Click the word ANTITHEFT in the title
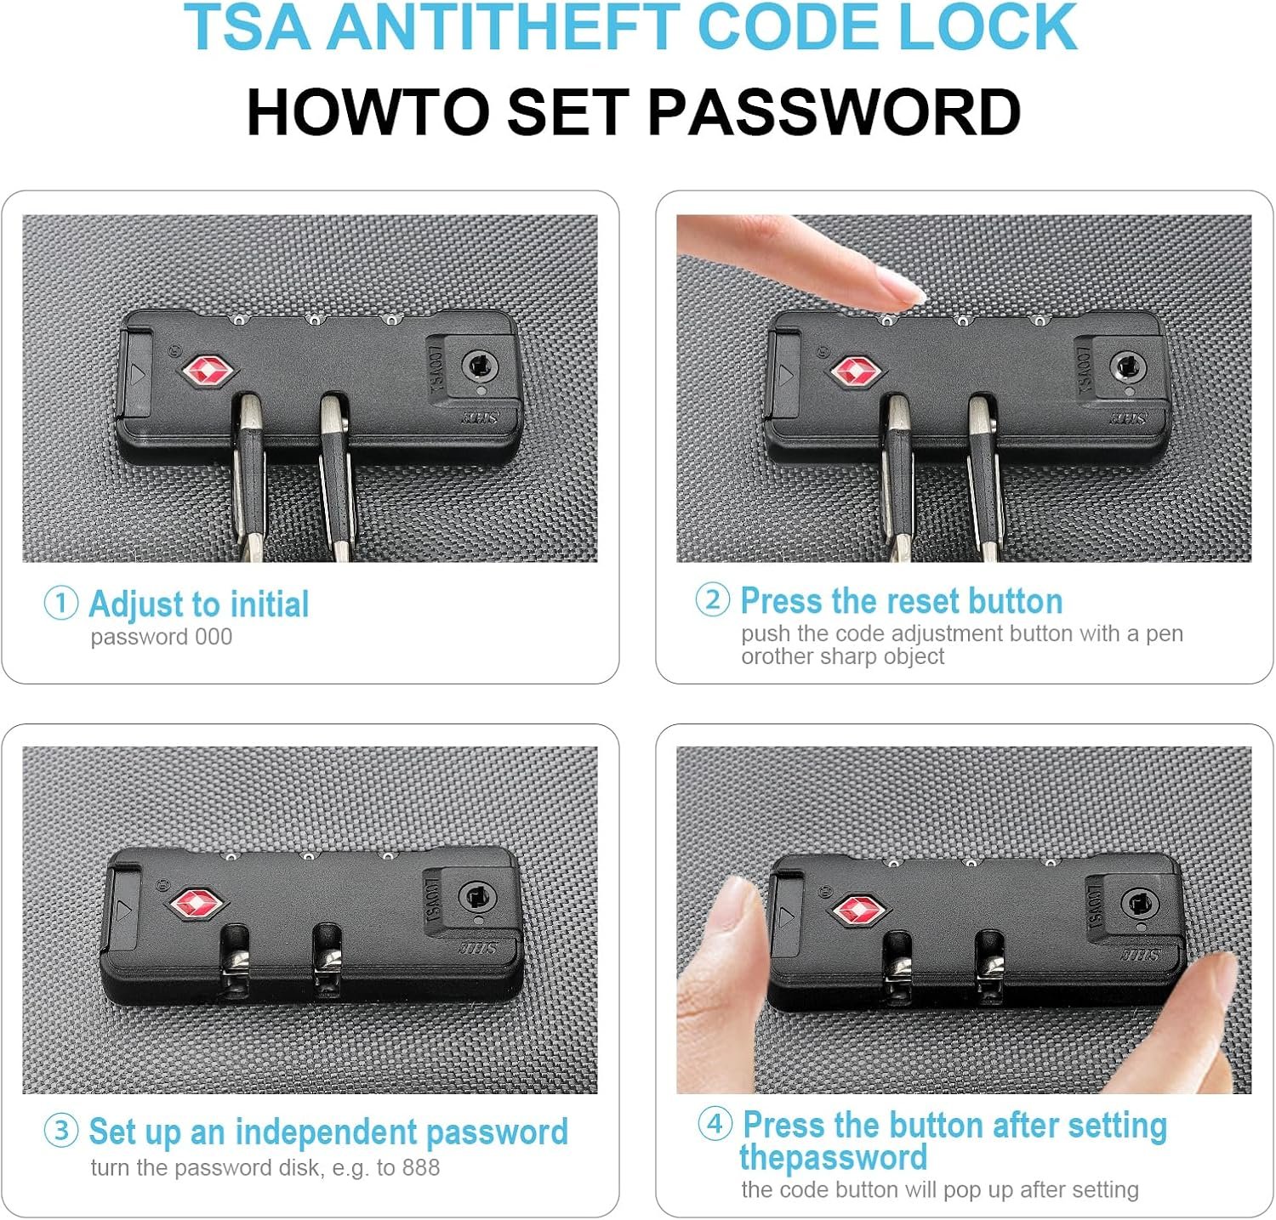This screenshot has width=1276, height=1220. [x=505, y=27]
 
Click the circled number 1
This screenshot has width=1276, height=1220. [x=61, y=603]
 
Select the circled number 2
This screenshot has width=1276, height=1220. [x=713, y=599]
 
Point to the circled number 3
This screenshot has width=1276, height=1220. [x=61, y=1131]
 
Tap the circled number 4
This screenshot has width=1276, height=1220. [x=715, y=1123]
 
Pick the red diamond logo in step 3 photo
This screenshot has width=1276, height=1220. [x=197, y=905]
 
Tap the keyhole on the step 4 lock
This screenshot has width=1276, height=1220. [x=1136, y=905]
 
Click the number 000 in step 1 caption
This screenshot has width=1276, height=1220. [x=214, y=637]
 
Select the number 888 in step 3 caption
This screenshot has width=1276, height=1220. [x=421, y=1167]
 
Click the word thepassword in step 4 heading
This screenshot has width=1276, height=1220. [x=833, y=1158]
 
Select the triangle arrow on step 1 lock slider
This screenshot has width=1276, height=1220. [x=137, y=375]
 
